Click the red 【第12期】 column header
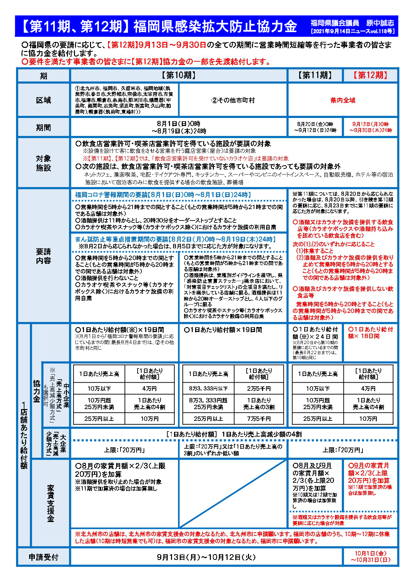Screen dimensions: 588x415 pyautogui.click(x=370, y=75)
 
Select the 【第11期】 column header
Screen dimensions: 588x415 pyautogui.click(x=315, y=75)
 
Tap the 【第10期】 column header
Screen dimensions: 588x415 pyautogui.click(x=179, y=75)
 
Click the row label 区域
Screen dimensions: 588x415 pyautogui.click(x=44, y=100)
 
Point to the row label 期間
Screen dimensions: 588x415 pyautogui.click(x=44, y=127)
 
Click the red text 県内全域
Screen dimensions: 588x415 pyautogui.click(x=343, y=100)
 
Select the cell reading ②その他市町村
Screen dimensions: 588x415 pyautogui.click(x=233, y=100)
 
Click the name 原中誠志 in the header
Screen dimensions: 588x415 pyautogui.click(x=380, y=23)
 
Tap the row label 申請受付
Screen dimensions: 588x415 pyautogui.click(x=44, y=557)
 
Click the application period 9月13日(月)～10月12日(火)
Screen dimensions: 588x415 pyautogui.click(x=206, y=557)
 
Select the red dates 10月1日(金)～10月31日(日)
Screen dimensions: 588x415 pyautogui.click(x=370, y=557)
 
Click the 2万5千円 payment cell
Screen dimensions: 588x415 pyautogui.click(x=259, y=389)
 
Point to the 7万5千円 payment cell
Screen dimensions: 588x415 pyautogui.click(x=259, y=419)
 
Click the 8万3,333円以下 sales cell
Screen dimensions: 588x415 pyautogui.click(x=208, y=389)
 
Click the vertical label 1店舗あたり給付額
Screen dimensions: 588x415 pyautogui.click(x=24, y=436)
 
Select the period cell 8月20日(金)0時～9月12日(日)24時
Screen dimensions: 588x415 pyautogui.click(x=315, y=127)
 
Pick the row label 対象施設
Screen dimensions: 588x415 pyautogui.click(x=44, y=163)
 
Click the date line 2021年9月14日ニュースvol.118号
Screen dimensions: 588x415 pyautogui.click(x=352, y=31)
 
